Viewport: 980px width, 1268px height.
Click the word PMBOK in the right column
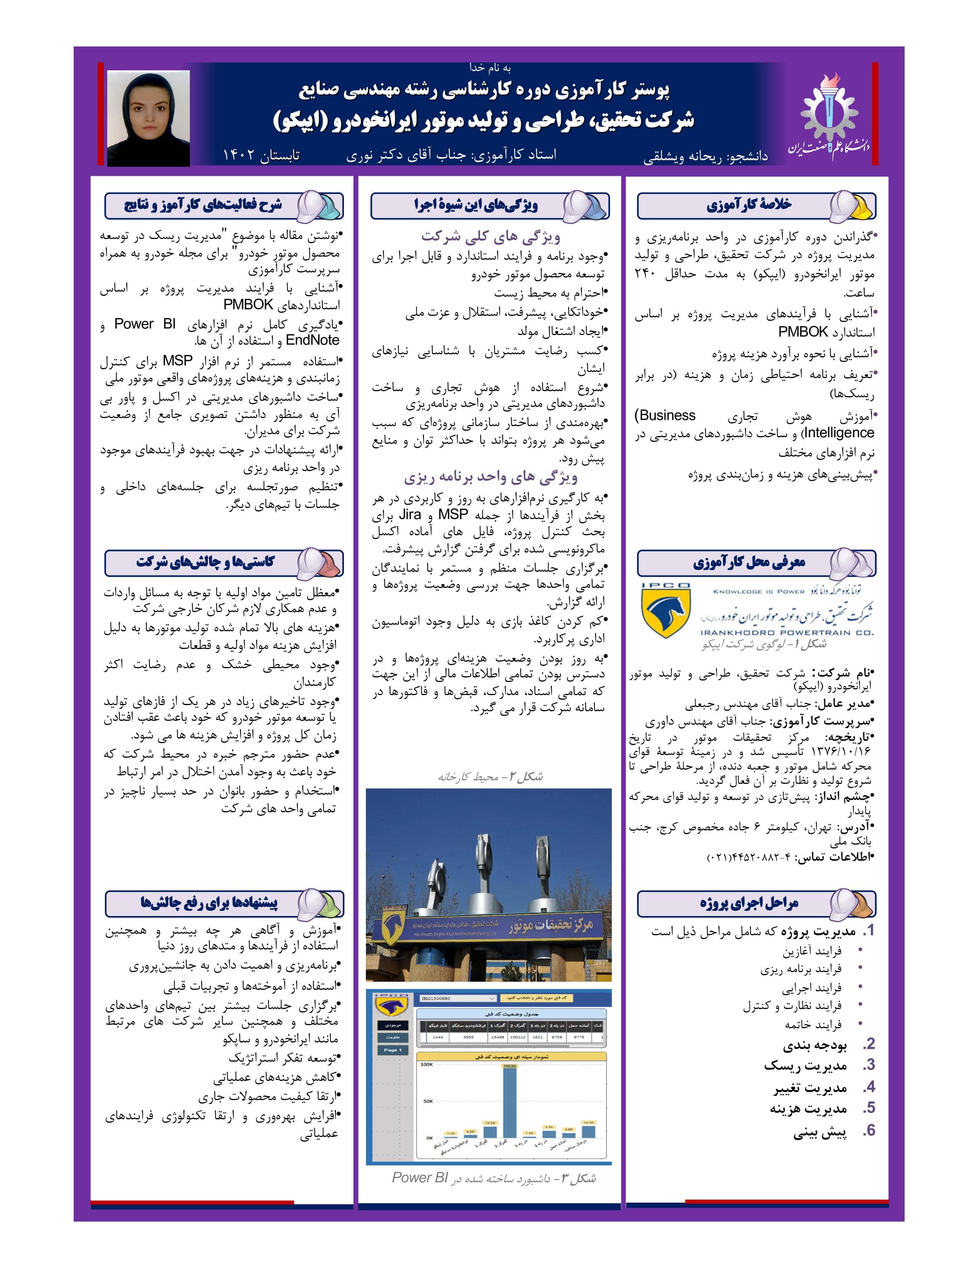(804, 332)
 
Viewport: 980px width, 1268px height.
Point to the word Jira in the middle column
(410, 515)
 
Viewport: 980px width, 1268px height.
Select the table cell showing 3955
(468, 1037)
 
